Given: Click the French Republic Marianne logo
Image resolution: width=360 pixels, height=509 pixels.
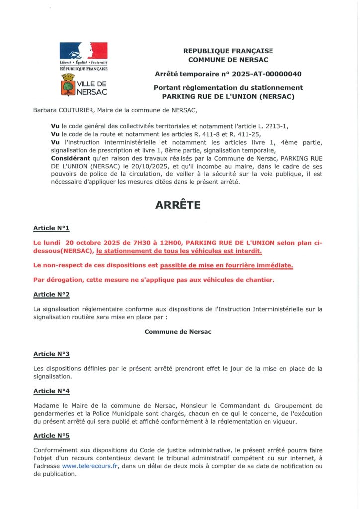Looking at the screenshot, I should [84, 51].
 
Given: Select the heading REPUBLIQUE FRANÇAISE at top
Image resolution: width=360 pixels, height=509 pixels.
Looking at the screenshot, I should [228, 51].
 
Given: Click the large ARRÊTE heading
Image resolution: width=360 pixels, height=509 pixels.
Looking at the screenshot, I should [180, 205].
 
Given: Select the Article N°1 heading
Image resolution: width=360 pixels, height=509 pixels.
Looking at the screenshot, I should [51, 228].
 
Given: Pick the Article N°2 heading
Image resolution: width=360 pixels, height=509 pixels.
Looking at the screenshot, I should [51, 294].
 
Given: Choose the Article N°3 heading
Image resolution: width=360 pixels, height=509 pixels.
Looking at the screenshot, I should [51, 354].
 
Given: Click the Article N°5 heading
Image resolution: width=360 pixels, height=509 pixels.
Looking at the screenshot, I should [51, 436].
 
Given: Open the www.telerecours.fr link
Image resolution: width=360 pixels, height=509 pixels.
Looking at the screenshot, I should [90, 466].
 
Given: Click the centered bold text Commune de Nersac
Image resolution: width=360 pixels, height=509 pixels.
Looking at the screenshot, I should [178, 332].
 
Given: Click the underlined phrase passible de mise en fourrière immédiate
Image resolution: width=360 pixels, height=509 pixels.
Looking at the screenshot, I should [226, 266].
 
